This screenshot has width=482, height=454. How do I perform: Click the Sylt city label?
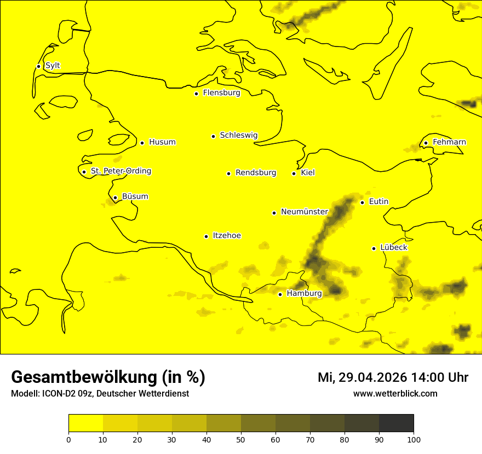(x=53, y=66)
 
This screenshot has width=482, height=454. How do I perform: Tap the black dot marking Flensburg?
(x=196, y=94)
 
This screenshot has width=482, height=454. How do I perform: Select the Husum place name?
(x=162, y=142)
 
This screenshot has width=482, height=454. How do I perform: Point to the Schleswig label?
(x=238, y=135)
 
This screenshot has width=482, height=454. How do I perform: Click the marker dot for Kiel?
(x=294, y=173)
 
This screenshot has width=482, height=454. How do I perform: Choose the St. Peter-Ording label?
(x=120, y=171)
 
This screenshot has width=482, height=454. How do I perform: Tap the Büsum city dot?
(x=115, y=197)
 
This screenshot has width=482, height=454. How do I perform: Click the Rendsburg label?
(x=255, y=173)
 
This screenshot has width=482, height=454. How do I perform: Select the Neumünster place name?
(x=304, y=212)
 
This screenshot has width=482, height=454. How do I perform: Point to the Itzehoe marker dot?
(x=206, y=236)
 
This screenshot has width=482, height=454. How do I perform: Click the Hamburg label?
(x=304, y=294)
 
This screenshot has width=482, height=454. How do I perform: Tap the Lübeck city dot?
(x=374, y=248)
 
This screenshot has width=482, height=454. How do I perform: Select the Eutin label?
(x=378, y=202)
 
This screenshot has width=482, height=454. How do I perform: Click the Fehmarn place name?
(x=449, y=142)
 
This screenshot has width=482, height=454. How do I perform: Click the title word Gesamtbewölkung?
(x=84, y=377)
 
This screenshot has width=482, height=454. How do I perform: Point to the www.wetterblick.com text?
(x=395, y=394)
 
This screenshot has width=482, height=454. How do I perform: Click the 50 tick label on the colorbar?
(x=241, y=439)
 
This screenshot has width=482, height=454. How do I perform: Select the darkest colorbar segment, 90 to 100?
(x=396, y=423)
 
